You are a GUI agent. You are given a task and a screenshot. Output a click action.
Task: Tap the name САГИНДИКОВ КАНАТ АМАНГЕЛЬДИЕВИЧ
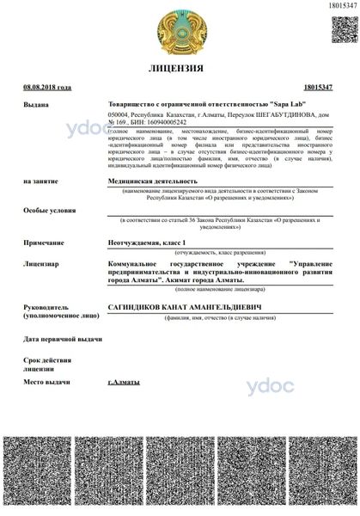pyautogui.click(x=183, y=307)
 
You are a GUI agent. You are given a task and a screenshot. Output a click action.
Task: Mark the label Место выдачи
pyautogui.click(x=46, y=381)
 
